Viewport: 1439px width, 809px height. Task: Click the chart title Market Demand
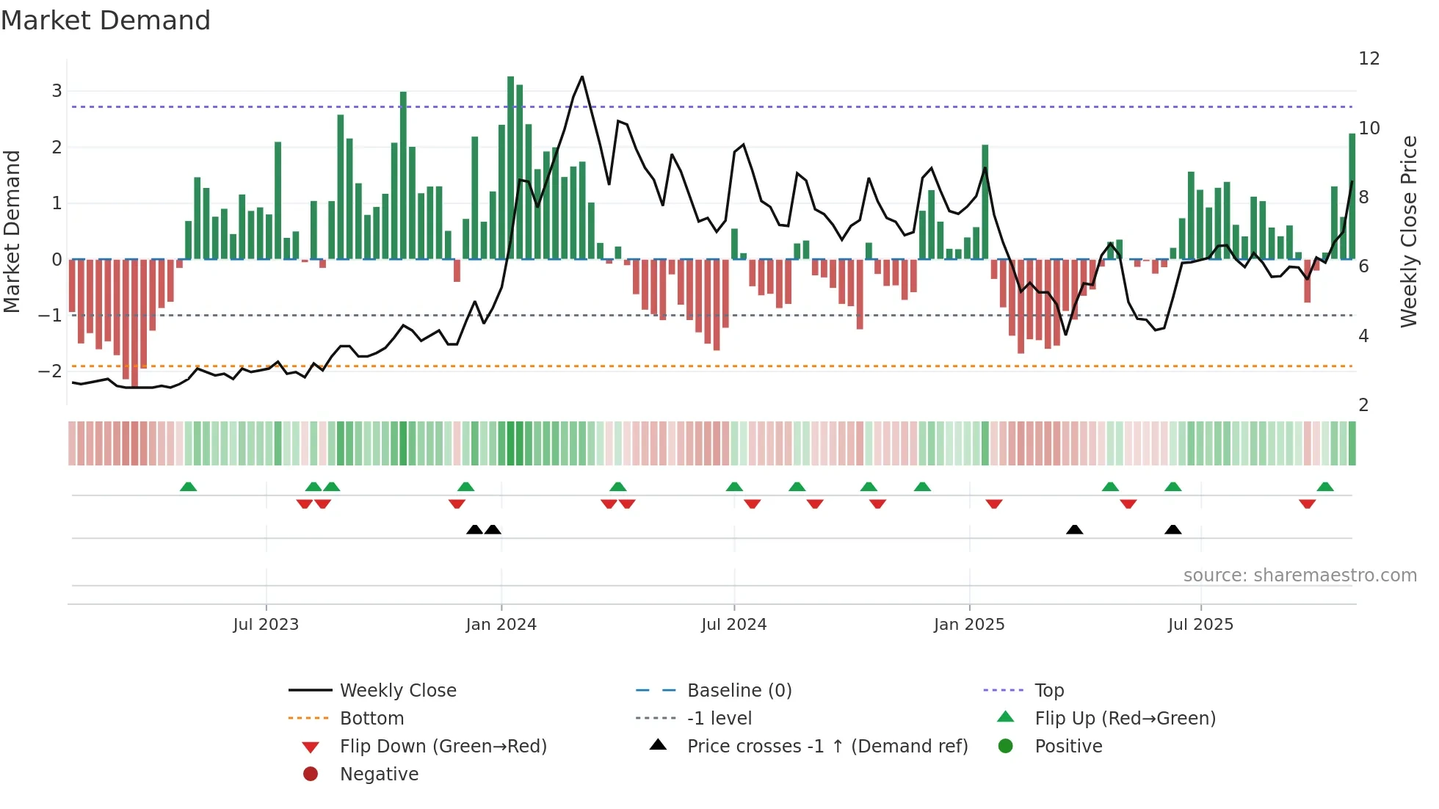point(106,21)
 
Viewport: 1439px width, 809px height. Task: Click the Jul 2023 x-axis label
point(266,625)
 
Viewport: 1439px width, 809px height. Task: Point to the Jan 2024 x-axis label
point(501,625)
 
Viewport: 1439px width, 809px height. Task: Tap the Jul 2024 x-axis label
point(733,625)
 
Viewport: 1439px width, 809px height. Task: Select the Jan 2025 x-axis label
point(969,625)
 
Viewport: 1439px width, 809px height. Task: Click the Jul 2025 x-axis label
point(1200,625)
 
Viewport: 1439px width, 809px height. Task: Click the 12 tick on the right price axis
point(1369,59)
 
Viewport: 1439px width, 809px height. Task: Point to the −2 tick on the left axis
point(50,371)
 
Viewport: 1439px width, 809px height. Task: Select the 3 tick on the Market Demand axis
point(57,91)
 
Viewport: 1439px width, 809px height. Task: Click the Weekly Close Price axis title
point(1408,231)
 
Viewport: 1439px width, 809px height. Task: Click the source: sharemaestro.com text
point(1300,576)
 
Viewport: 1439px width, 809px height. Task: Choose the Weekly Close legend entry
point(398,691)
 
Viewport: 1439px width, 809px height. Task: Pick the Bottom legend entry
point(371,719)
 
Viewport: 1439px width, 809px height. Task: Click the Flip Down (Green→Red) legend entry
point(443,747)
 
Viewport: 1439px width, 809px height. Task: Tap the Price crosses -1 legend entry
point(827,747)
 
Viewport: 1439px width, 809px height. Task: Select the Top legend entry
point(1049,691)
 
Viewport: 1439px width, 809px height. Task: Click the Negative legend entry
point(379,774)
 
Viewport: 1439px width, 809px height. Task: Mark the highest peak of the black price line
point(582,76)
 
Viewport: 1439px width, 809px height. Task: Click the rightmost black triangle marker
point(1172,529)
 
